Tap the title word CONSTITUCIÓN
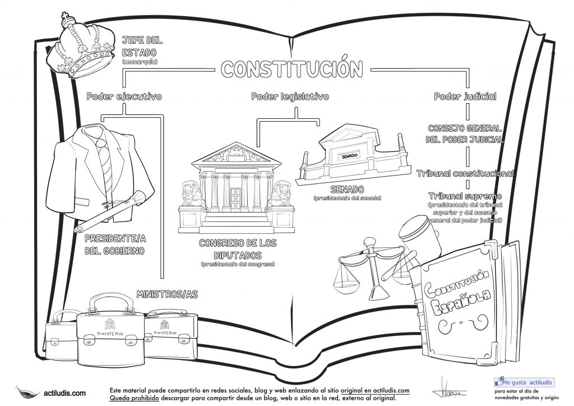click(x=291, y=68)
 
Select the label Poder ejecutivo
click(x=124, y=96)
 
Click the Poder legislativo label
click(x=289, y=96)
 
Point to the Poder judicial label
click(x=465, y=96)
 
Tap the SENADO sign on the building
click(x=349, y=155)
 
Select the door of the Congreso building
click(x=234, y=198)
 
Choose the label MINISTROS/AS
click(x=168, y=293)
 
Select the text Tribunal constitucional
click(x=465, y=173)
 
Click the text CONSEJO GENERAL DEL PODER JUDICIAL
click(x=464, y=133)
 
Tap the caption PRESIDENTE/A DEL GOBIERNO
click(x=115, y=244)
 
